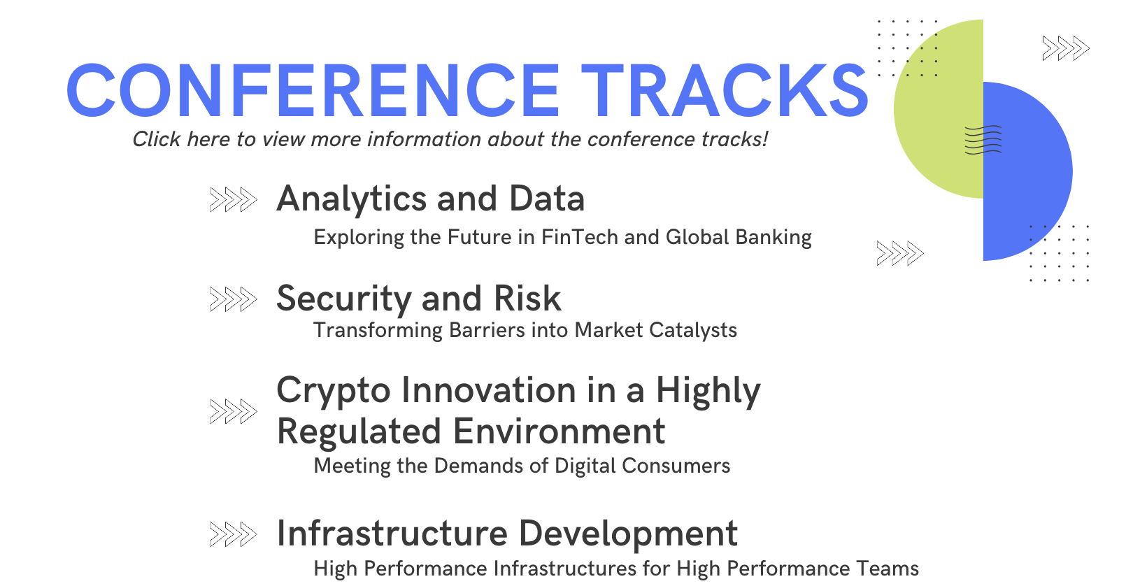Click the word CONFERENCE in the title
313,90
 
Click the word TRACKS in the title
725,90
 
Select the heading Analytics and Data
431,199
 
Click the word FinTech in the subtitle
579,237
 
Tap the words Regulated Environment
471,431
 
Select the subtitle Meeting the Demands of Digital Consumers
522,466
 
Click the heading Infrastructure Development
507,533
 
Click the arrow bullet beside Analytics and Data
234,199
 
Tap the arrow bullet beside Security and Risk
234,299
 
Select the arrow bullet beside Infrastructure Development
234,534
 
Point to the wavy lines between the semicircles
983,139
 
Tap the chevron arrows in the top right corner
1066,48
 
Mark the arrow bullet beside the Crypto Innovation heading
234,411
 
